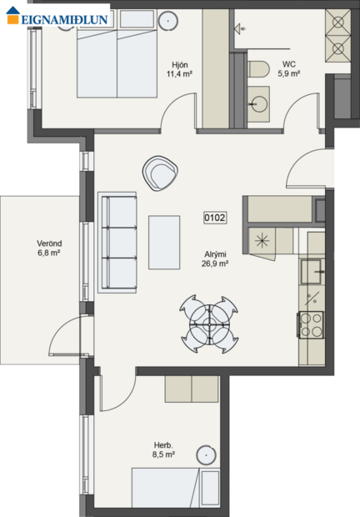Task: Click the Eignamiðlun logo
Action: [56, 14]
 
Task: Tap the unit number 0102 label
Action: [214, 218]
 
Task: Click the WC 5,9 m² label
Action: [288, 68]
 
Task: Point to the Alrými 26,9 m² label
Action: [215, 258]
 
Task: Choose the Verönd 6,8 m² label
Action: [49, 248]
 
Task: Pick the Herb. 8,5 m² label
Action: [164, 449]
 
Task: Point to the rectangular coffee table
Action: [164, 242]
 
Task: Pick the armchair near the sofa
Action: [161, 173]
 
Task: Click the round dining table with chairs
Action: [209, 322]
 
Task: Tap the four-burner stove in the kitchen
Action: [311, 324]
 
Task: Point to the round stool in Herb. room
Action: [207, 455]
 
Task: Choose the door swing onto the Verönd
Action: [63, 343]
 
